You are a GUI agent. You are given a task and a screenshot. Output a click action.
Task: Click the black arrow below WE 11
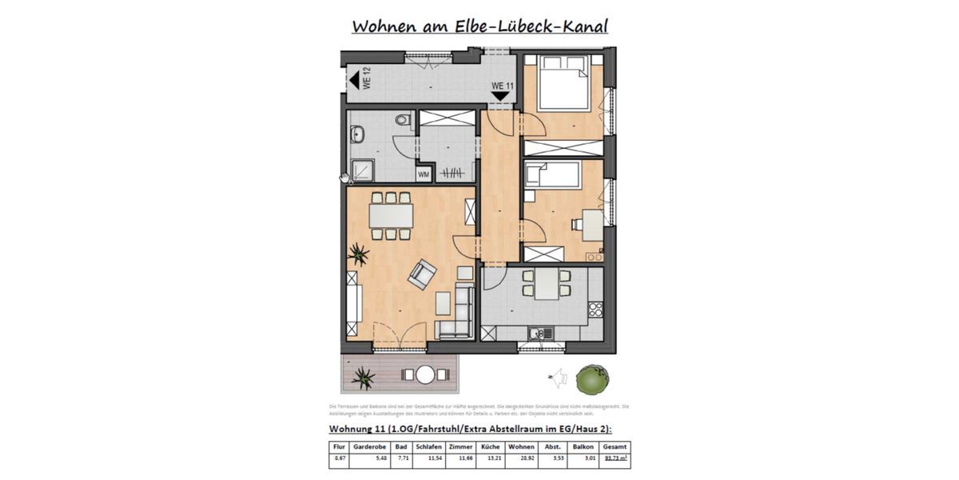point(501,96)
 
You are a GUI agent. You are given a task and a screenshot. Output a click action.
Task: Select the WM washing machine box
point(423,174)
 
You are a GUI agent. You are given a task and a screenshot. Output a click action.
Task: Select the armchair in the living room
point(422,276)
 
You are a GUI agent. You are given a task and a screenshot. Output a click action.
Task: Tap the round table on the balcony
point(424,374)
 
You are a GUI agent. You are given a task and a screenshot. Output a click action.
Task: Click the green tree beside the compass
point(592,378)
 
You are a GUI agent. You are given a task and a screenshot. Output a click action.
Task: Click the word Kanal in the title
point(579,26)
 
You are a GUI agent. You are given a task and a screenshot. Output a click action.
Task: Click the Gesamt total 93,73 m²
point(615,459)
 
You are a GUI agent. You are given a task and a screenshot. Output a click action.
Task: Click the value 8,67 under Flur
point(339,459)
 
